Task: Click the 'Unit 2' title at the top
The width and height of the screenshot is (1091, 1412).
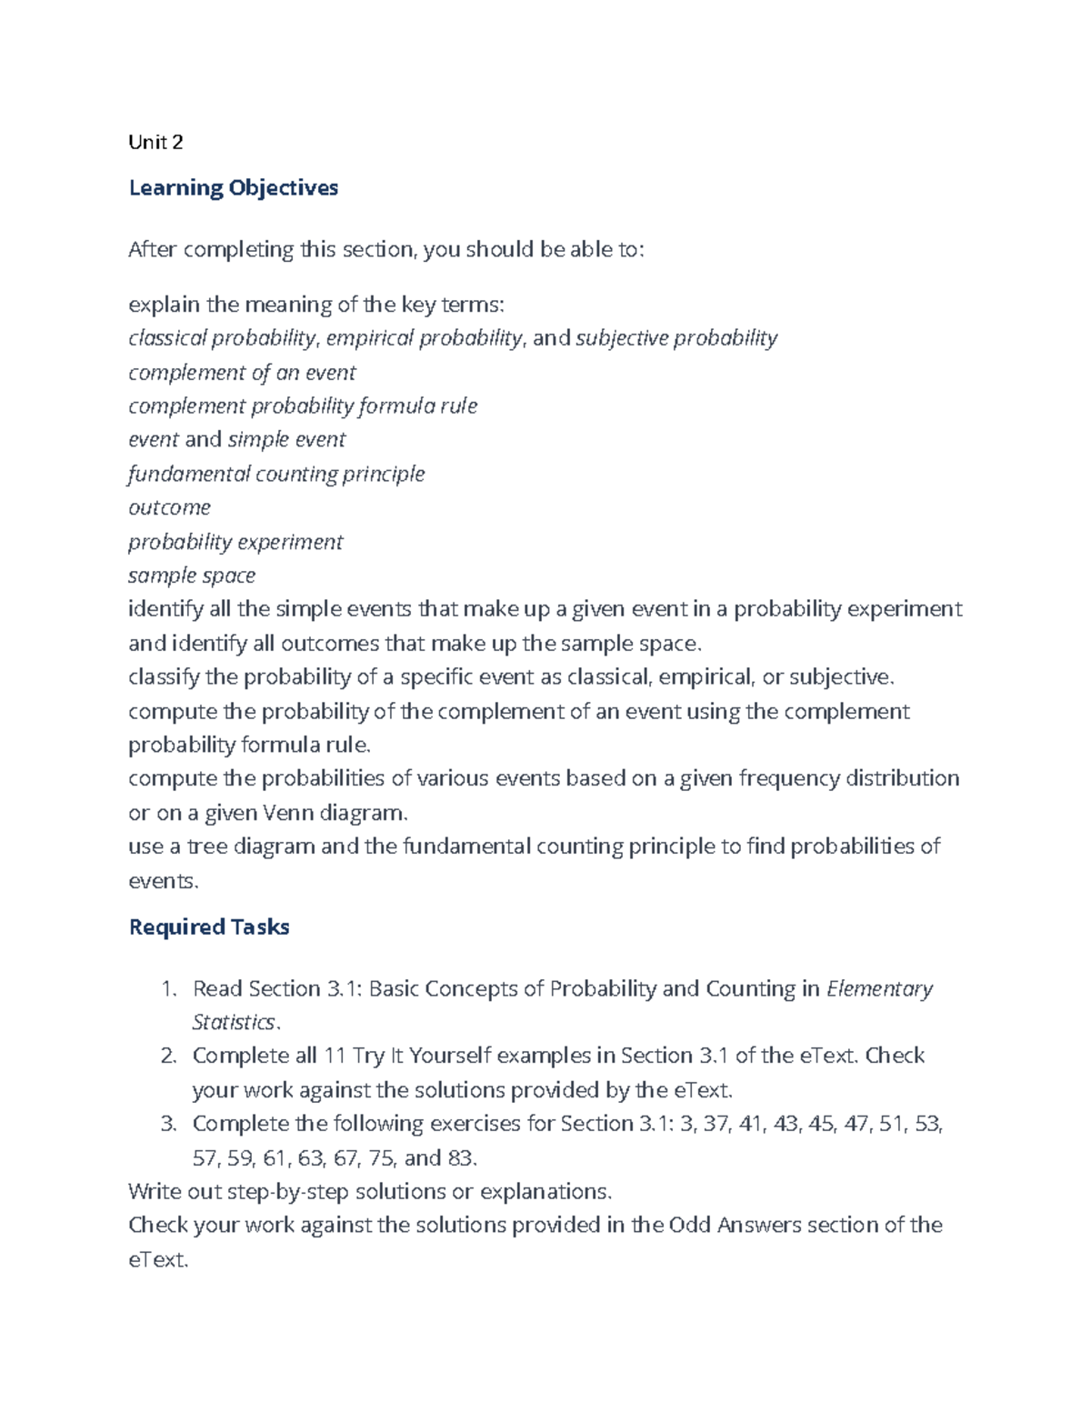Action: click(155, 142)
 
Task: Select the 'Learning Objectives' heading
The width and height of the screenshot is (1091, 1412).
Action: click(234, 188)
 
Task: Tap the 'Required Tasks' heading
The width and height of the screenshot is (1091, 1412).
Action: click(209, 927)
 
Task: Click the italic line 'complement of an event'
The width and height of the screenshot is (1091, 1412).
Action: click(242, 373)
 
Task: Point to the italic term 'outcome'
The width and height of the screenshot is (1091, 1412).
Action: click(169, 507)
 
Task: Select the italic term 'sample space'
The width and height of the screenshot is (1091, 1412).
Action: click(192, 576)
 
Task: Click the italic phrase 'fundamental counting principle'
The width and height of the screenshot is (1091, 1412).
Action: click(276, 474)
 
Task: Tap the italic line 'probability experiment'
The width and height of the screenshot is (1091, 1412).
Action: click(235, 542)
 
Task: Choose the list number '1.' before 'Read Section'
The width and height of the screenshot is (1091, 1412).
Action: click(167, 989)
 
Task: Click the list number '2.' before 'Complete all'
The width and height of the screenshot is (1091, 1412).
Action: click(167, 1056)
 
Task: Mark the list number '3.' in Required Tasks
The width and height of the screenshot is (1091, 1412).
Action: click(167, 1124)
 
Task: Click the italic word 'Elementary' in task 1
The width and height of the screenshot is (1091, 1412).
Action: click(879, 989)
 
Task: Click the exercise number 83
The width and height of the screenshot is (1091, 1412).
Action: click(458, 1158)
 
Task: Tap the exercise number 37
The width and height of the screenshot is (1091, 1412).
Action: click(716, 1124)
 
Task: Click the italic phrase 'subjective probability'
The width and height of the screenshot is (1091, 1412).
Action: click(676, 338)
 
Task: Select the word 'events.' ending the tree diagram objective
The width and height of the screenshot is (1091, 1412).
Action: click(163, 881)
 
